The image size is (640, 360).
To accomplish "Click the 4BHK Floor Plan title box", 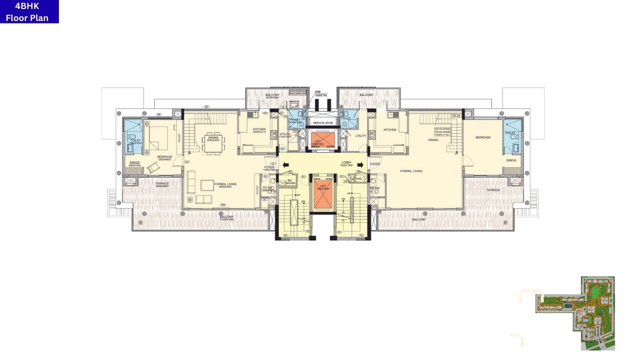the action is pos(29,11).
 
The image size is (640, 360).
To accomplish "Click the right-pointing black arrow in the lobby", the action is pos(360,164).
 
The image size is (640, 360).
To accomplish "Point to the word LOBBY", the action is pos(346,162).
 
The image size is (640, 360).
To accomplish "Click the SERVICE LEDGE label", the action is pos(323,123).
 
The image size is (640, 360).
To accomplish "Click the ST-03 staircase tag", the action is pos(455,116).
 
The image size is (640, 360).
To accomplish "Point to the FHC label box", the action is pos(359,178).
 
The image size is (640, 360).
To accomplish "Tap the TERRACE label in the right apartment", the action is pos(493,190).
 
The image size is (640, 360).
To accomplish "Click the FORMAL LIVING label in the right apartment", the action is pos(411,171).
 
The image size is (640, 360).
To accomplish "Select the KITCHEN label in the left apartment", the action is pos(259,129).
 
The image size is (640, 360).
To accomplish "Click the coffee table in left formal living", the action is pos(206,185).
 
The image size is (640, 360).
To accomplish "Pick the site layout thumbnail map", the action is pos(575,313).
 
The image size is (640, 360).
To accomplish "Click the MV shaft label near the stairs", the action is pos(289,180).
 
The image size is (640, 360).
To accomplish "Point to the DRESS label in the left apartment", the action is pos(134,162).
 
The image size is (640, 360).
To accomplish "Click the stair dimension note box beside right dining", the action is pos(442,131).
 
